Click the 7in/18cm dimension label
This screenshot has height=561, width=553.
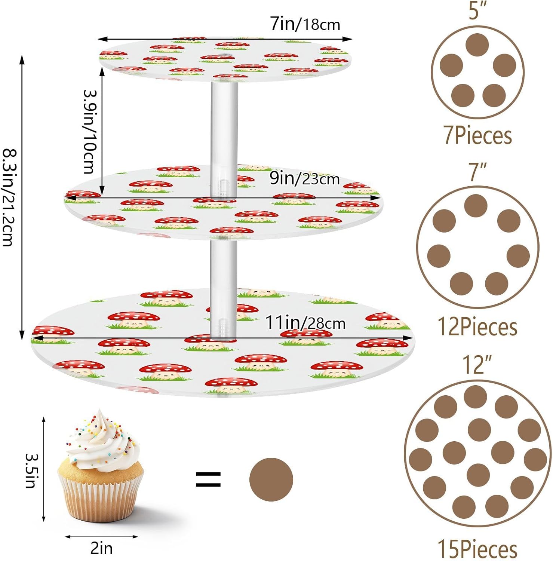[x=305, y=24]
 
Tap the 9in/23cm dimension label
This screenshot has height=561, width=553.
[x=304, y=179]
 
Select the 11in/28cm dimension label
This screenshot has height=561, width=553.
[x=305, y=322]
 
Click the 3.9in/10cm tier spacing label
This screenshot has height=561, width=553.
[x=90, y=131]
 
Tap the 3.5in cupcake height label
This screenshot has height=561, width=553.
[x=30, y=470]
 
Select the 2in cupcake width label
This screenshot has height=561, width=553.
[x=101, y=548]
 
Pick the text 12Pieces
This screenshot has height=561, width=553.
[x=477, y=327]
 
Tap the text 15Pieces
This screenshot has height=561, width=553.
[x=477, y=549]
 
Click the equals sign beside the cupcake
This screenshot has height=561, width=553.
[x=208, y=479]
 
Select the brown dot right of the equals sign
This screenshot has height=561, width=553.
[x=271, y=479]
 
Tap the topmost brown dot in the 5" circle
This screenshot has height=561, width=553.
[x=477, y=45]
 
